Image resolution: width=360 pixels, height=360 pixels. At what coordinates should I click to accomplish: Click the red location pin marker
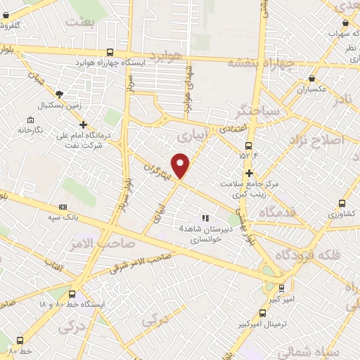[x=181, y=165]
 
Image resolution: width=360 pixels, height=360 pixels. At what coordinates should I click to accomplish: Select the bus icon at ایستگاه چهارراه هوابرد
[x=109, y=52]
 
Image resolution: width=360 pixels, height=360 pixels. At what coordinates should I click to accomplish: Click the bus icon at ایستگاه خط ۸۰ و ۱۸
[x=72, y=295]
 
